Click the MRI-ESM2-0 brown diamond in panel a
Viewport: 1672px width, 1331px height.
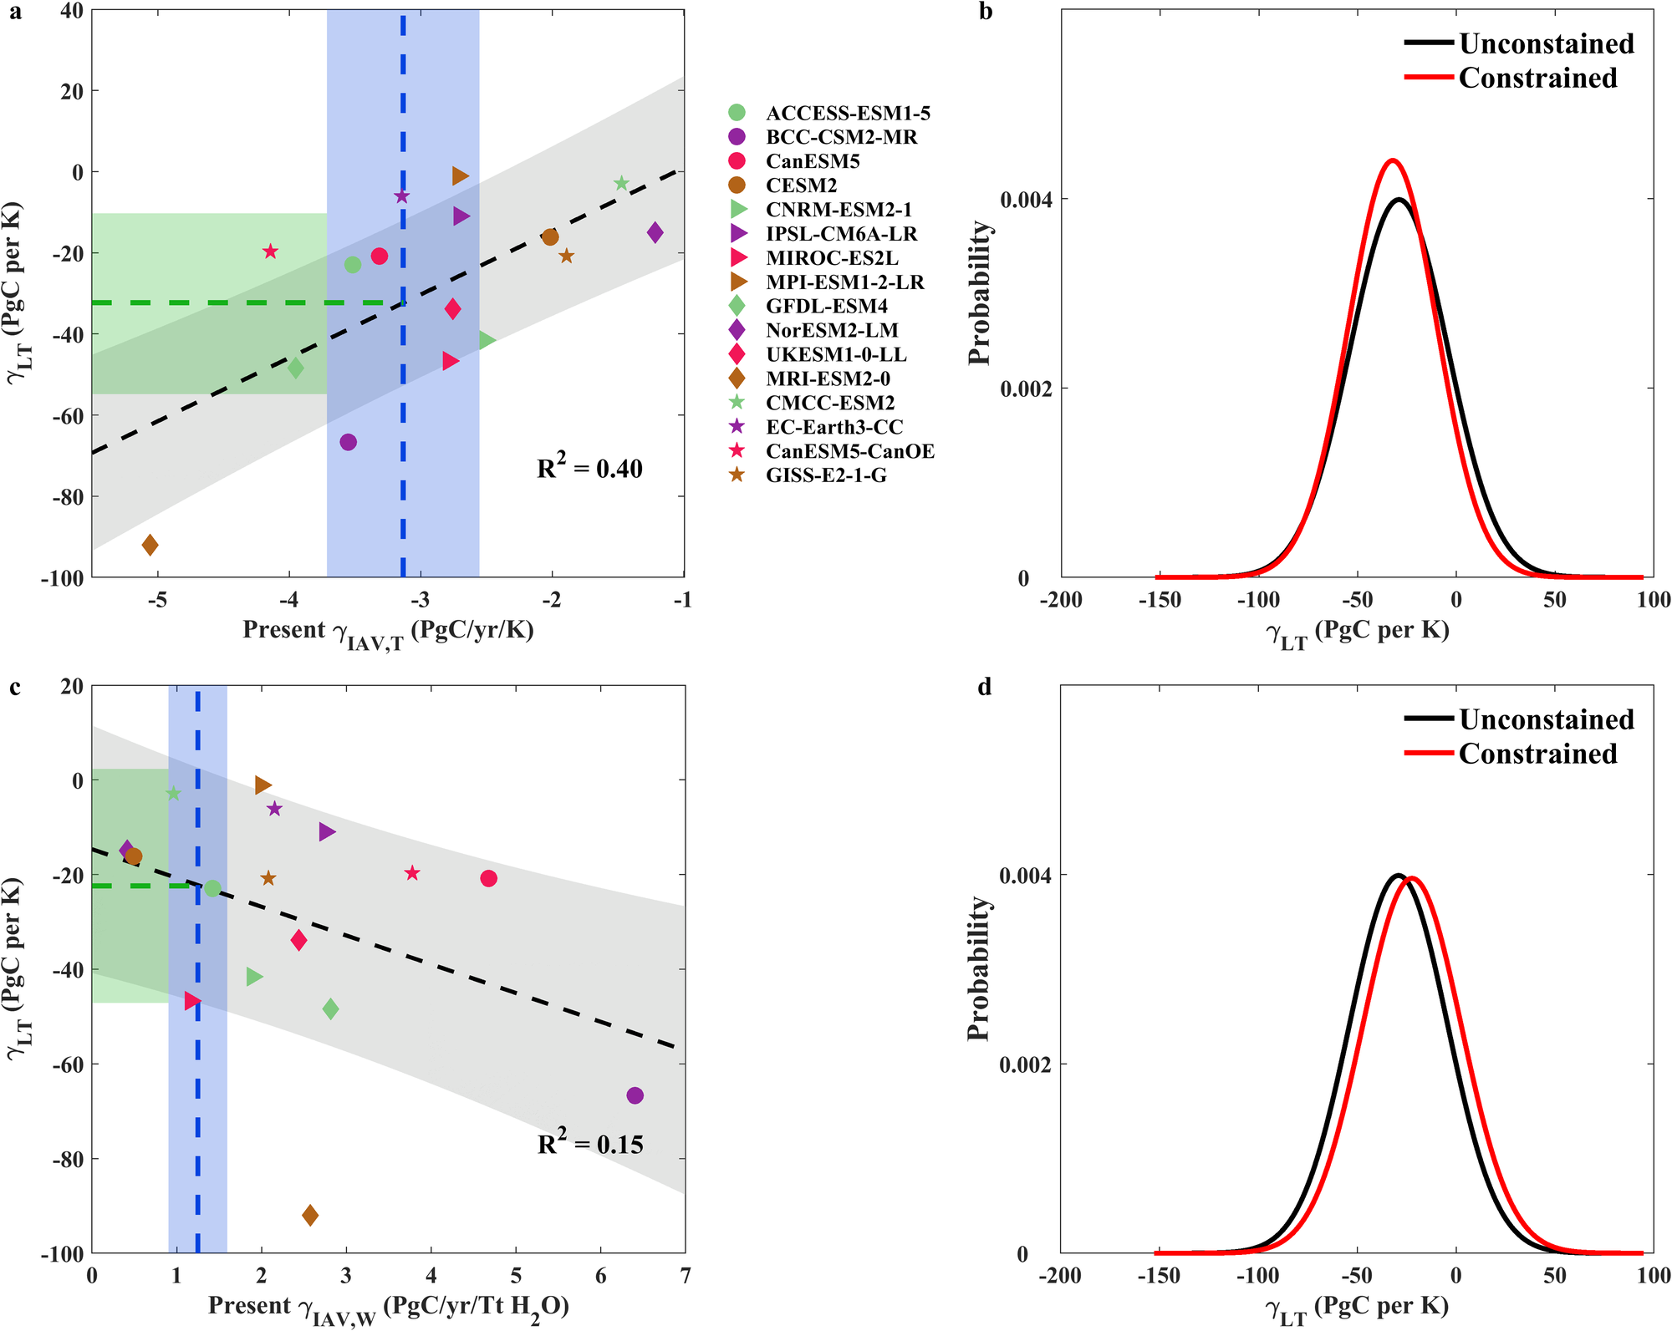click(150, 546)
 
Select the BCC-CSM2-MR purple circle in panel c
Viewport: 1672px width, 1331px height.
click(635, 1095)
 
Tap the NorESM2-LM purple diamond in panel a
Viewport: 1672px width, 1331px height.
click(655, 232)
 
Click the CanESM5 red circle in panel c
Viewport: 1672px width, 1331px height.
click(489, 878)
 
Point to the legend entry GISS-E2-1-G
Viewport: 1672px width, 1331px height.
click(826, 475)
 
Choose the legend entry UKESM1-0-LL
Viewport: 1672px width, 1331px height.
click(836, 354)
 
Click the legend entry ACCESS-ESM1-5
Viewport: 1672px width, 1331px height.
click(848, 113)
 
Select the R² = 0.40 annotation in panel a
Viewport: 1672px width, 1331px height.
click(589, 468)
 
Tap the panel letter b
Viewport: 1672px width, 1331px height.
click(986, 13)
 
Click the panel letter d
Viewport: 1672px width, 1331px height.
click(986, 688)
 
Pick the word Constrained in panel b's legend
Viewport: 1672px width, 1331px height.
click(1537, 78)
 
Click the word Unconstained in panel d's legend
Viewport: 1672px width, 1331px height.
click(1546, 719)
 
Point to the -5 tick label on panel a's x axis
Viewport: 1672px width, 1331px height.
click(157, 600)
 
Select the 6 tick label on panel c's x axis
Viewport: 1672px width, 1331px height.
click(600, 1276)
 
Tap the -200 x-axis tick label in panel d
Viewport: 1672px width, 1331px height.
click(1061, 1276)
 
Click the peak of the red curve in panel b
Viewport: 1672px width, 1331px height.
click(1392, 160)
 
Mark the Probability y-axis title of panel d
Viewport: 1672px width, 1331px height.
click(979, 968)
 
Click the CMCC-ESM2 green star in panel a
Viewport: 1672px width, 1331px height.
click(621, 184)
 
